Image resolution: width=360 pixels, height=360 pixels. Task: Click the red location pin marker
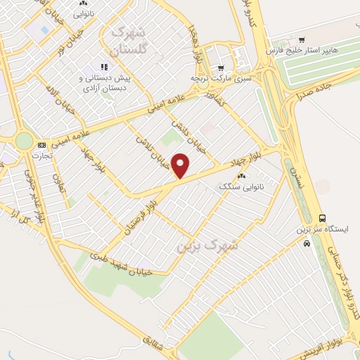[181, 166]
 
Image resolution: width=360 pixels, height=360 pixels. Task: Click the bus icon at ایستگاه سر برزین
[322, 218]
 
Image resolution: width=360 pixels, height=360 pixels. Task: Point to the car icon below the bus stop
[307, 243]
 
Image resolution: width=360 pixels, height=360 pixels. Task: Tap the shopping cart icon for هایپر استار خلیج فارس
[302, 39]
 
